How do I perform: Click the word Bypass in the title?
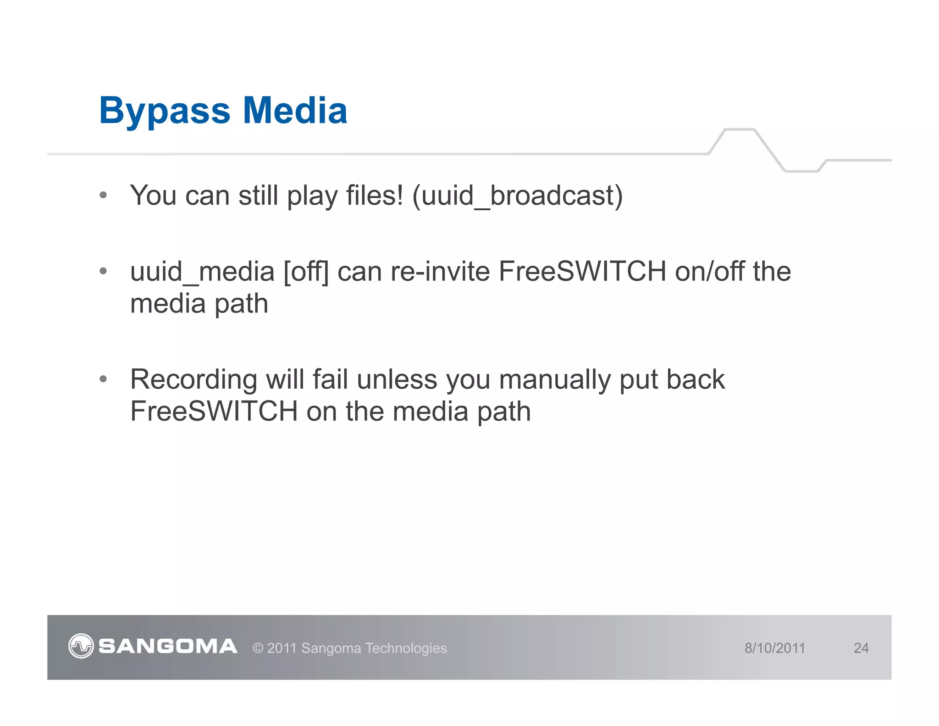point(165,111)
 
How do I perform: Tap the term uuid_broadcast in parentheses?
point(517,195)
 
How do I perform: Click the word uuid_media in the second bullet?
point(202,272)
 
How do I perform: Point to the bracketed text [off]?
point(306,272)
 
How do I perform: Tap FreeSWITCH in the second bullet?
point(582,271)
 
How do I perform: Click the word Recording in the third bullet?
point(193,380)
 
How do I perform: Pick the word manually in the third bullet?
point(554,380)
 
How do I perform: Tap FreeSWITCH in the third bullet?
point(214,411)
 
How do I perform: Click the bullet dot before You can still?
point(103,195)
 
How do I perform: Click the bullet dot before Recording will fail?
point(103,380)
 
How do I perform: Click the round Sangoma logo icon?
point(81,646)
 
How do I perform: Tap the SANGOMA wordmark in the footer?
point(168,646)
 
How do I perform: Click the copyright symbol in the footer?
point(258,648)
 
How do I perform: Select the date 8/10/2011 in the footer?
point(774,648)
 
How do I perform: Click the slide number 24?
point(861,648)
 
